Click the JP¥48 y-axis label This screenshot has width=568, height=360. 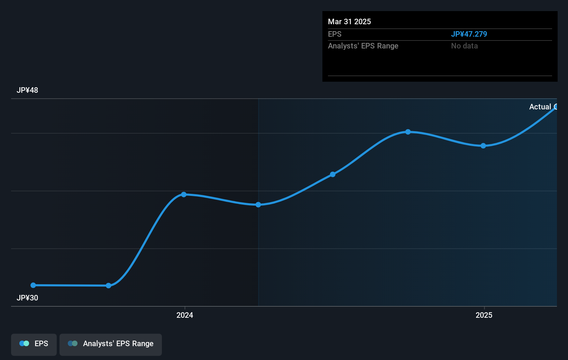click(27, 90)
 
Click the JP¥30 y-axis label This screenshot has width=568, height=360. click(27, 298)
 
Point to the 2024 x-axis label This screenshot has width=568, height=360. click(185, 315)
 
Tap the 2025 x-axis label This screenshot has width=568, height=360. click(484, 315)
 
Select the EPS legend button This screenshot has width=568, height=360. click(34, 344)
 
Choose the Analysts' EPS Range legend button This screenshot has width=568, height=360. click(111, 344)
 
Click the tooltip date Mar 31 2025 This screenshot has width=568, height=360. click(349, 22)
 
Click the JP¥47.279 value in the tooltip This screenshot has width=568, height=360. click(469, 34)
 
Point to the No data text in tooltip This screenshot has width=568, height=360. click(464, 46)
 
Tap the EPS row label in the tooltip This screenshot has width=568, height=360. click(335, 34)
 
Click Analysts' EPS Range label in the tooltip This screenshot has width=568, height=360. click(363, 46)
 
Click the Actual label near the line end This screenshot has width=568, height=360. click(540, 107)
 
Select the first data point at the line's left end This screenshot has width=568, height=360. click(33, 285)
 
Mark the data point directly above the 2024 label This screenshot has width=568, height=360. click(184, 195)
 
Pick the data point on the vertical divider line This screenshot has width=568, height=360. click(258, 205)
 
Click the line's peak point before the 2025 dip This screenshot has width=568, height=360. click(408, 132)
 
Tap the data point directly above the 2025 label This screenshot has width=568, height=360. click(483, 146)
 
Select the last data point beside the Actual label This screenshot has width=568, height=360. click(556, 107)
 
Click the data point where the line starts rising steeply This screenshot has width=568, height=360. click(108, 286)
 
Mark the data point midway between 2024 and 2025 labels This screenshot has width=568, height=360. click(332, 174)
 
